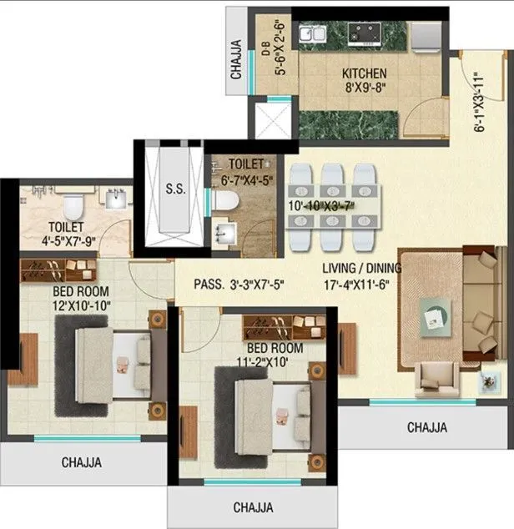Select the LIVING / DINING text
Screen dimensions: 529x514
click(x=362, y=269)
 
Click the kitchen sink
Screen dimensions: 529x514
click(x=314, y=35)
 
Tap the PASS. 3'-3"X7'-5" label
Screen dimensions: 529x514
click(x=239, y=285)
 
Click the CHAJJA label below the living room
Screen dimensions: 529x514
click(x=426, y=427)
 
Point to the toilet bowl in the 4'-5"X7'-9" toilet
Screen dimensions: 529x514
click(x=72, y=202)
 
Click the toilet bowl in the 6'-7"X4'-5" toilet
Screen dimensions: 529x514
click(x=222, y=201)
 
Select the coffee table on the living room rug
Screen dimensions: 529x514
click(x=436, y=315)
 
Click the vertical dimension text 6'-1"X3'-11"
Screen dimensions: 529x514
click(x=479, y=103)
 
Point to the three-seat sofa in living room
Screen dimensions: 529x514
click(x=479, y=304)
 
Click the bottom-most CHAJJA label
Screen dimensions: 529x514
click(x=254, y=506)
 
